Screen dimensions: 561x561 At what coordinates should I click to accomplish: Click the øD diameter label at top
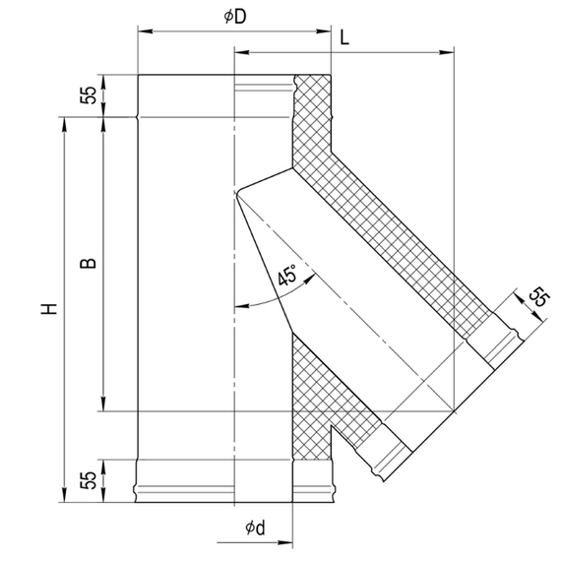point(235,17)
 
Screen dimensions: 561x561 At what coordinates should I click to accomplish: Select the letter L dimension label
point(344,37)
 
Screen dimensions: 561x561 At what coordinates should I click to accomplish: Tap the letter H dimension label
point(49,309)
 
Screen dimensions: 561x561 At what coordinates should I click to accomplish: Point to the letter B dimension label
point(88,263)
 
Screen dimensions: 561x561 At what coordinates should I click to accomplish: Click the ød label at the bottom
point(256,528)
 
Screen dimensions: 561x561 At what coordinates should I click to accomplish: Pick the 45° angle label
point(287,275)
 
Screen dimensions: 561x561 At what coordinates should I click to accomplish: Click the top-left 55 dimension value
point(89,95)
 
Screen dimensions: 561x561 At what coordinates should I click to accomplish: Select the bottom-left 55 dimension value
point(89,480)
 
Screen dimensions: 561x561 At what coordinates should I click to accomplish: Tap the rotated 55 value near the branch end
point(538,297)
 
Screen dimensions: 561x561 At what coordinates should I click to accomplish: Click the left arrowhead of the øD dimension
point(146,31)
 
